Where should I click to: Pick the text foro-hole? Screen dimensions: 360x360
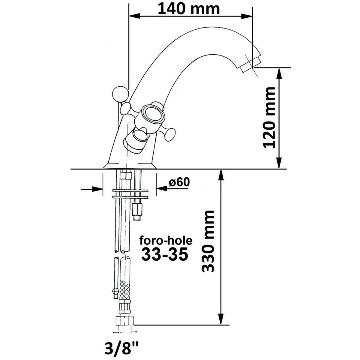[x=166, y=241]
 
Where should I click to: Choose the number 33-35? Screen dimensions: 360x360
[x=164, y=254]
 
